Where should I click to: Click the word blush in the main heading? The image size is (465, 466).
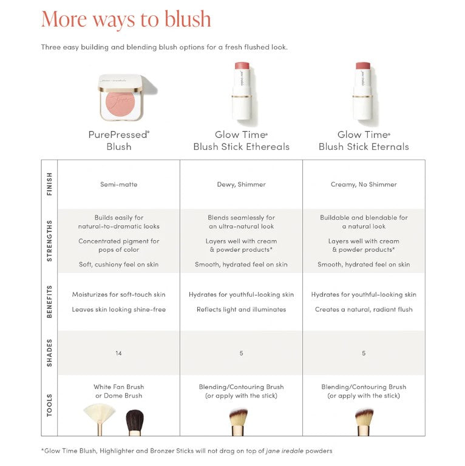188,19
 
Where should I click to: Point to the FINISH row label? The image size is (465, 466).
49,184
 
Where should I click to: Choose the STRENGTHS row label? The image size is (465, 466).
49,241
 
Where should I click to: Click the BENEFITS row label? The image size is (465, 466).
49,302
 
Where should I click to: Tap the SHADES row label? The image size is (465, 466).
49,353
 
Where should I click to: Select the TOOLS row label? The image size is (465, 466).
49,405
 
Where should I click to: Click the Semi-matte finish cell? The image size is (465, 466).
118,184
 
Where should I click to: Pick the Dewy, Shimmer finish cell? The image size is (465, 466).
241,184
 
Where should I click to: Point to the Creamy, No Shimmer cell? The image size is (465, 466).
364,184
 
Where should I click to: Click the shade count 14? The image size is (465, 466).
118,353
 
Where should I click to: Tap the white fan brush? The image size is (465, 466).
100,417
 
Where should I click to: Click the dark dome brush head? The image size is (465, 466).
135,419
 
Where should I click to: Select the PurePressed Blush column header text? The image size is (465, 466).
118,141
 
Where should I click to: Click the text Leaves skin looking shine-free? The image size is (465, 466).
118,309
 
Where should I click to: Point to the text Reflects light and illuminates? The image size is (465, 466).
241,309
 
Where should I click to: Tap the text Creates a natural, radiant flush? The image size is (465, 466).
364,309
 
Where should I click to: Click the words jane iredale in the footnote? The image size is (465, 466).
285,451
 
